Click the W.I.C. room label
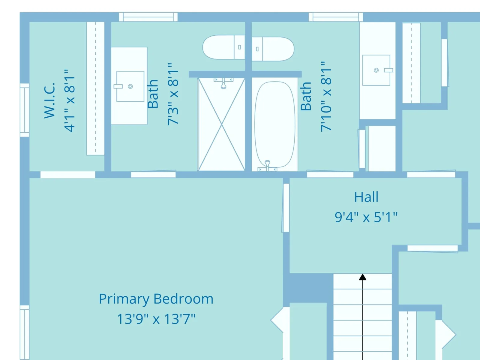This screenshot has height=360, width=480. [49, 100]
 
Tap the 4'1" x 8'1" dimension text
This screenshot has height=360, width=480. [70, 100]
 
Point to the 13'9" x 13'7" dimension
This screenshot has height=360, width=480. [156, 319]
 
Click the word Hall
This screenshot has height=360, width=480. [366, 197]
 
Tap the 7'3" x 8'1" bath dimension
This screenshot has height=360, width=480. [173, 94]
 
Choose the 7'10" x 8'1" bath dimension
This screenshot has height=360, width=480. [326, 96]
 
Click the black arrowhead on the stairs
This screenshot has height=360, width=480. [363, 277]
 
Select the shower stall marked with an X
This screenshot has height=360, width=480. [221, 124]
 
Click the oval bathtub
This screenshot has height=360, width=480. [275, 124]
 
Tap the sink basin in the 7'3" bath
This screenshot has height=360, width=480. [130, 86]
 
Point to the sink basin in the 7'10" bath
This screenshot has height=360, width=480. [376, 70]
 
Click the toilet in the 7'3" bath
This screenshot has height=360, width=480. [224, 47]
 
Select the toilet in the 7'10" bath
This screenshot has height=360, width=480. [273, 49]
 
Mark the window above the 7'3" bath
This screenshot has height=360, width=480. [148, 17]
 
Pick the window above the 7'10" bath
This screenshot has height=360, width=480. [336, 17]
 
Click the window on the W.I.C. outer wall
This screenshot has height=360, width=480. [25, 110]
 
